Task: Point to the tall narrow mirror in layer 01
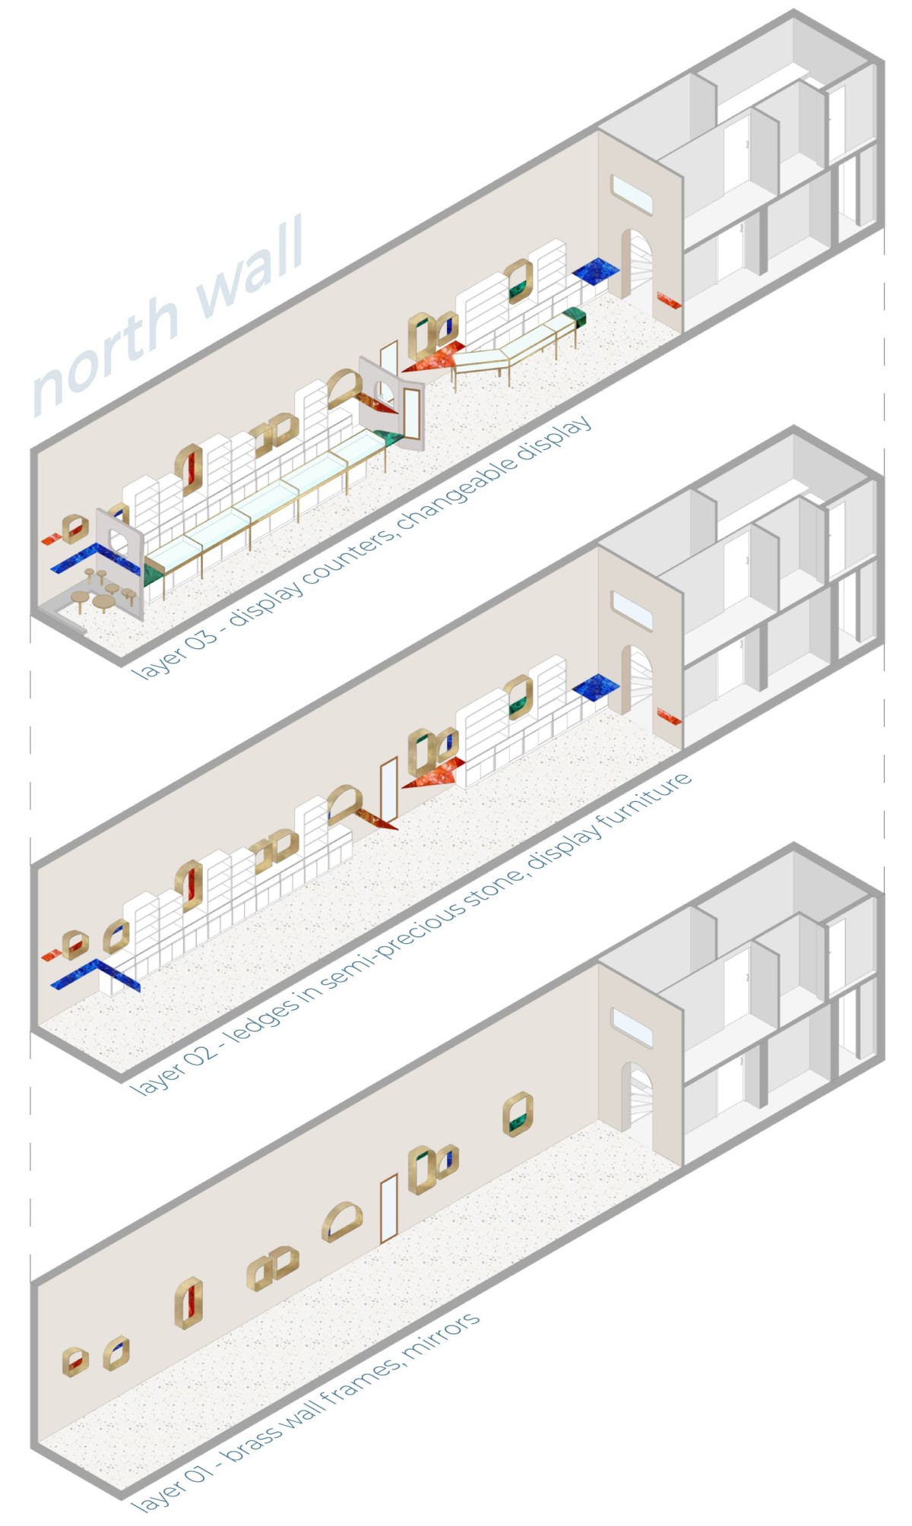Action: (x=389, y=1208)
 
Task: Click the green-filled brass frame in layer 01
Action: (x=518, y=1114)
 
